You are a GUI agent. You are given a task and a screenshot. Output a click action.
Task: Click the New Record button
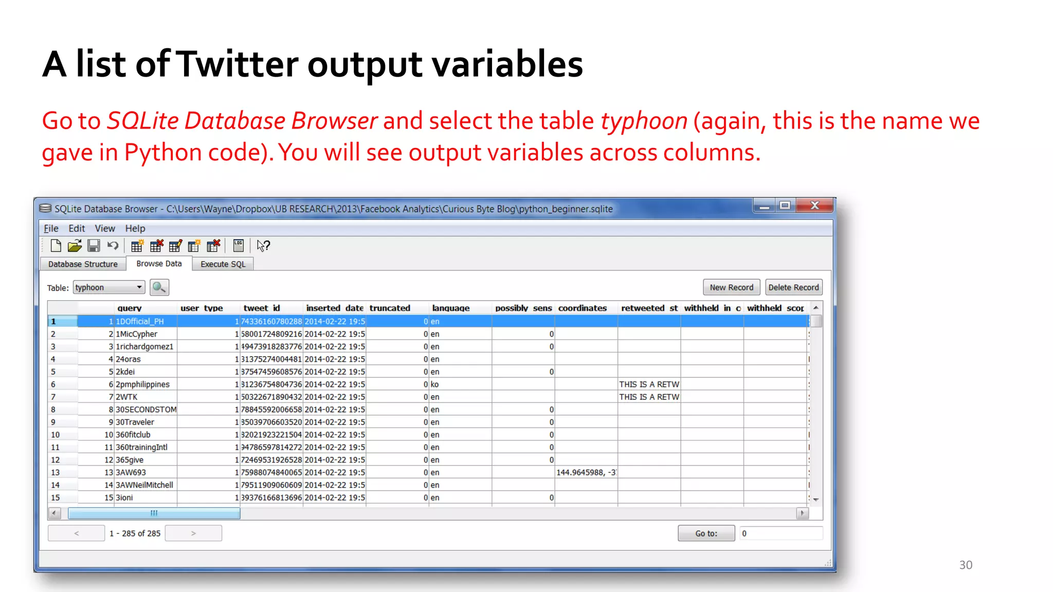[x=731, y=287]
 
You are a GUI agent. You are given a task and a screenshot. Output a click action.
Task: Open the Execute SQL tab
[x=223, y=264]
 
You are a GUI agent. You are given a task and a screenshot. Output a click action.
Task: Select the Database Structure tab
[x=83, y=264]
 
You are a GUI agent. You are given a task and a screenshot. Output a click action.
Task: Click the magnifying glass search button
[x=159, y=287]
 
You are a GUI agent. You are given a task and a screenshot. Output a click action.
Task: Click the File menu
[x=51, y=228]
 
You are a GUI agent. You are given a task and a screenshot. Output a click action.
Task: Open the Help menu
[x=135, y=228]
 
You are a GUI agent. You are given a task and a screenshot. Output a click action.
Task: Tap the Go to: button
[x=706, y=533]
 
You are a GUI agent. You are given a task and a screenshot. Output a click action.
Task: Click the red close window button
[x=814, y=206]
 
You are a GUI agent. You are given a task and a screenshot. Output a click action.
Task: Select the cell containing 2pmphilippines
[x=143, y=384]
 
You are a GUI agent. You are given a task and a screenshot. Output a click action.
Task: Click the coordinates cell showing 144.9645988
[x=586, y=472]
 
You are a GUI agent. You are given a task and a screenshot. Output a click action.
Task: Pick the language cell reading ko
[x=435, y=384]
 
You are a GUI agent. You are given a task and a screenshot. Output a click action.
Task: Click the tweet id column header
[x=262, y=308]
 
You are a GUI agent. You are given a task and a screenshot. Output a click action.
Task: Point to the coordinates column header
[x=583, y=308]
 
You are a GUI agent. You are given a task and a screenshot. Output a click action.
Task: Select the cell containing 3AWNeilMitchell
[x=144, y=485]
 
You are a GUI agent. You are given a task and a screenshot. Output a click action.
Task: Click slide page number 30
[x=966, y=565]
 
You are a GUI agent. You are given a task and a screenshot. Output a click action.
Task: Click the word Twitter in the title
[x=239, y=64]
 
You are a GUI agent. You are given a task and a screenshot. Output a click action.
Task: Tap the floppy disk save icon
[x=94, y=246]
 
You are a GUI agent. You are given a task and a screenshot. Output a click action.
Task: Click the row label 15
[x=56, y=497]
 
